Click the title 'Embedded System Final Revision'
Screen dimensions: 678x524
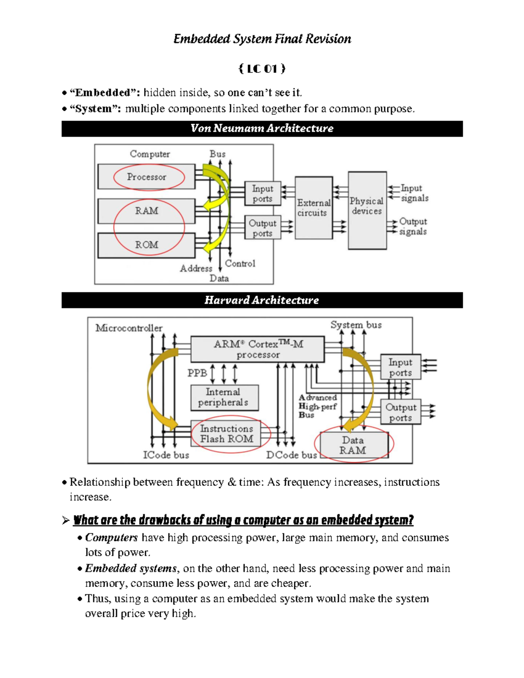click(262, 39)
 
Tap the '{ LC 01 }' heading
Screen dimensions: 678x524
click(262, 69)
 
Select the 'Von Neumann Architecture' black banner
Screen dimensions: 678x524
click(262, 128)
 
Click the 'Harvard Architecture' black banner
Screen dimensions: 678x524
click(262, 300)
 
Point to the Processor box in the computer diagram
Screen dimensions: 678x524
click(146, 177)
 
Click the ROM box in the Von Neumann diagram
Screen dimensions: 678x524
click(146, 245)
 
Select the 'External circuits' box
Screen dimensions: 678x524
click(314, 208)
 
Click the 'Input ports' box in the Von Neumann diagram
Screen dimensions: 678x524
click(262, 193)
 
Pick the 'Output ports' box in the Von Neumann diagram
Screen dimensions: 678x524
click(262, 228)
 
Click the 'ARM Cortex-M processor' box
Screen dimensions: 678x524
click(258, 349)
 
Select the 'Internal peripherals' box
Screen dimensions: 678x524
click(224, 397)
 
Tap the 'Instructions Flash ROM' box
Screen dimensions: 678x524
click(226, 434)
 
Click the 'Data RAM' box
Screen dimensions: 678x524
click(354, 445)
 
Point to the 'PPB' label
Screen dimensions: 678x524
click(197, 373)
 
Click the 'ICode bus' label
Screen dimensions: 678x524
click(166, 455)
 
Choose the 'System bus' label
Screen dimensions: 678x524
click(356, 325)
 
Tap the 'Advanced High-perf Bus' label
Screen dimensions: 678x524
click(317, 406)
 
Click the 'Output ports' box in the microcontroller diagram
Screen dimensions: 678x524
click(400, 412)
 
